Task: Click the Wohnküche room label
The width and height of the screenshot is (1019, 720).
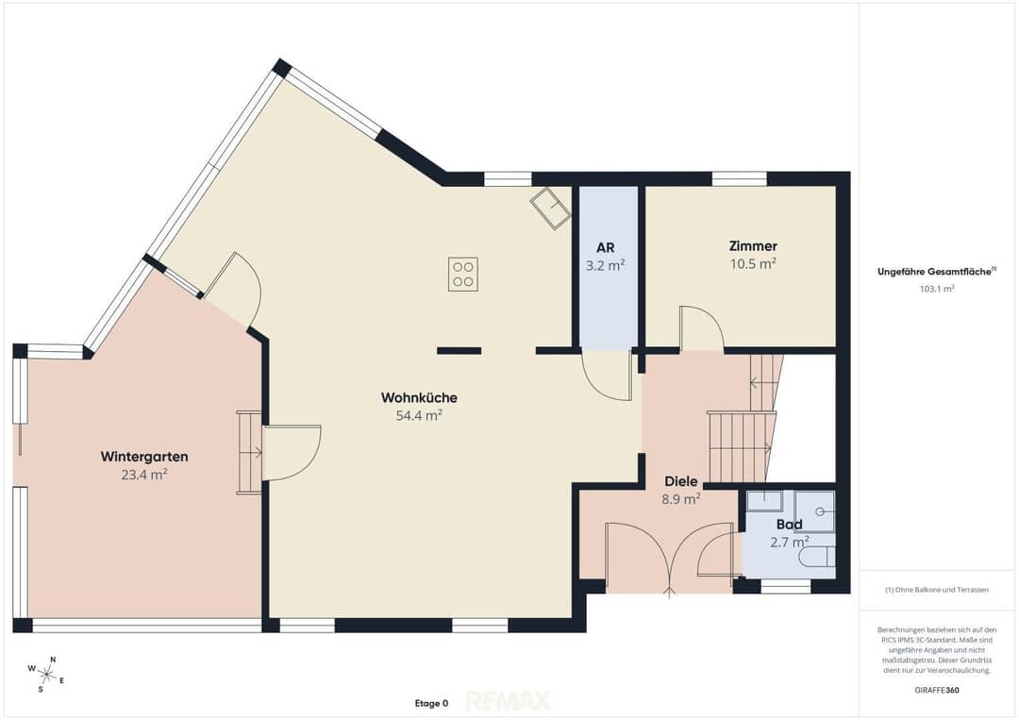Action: [x=419, y=397]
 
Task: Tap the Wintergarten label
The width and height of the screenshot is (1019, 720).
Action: [x=144, y=457]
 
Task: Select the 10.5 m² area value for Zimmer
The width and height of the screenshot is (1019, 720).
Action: [x=753, y=264]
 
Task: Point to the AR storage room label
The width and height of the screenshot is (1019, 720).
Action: [x=605, y=247]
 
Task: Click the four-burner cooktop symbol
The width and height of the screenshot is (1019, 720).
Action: [x=463, y=274]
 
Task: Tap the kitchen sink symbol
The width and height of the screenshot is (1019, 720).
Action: [x=550, y=208]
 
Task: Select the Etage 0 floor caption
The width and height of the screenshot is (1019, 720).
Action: [x=431, y=703]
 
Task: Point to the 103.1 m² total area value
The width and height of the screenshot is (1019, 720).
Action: [x=937, y=289]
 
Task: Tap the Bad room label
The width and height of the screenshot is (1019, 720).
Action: [x=789, y=525]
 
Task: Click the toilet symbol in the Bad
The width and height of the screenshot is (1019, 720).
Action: [x=817, y=558]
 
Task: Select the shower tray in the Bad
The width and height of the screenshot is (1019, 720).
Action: [x=815, y=511]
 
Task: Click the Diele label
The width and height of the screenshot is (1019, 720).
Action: [x=680, y=481]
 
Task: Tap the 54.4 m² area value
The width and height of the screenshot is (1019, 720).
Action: [x=419, y=415]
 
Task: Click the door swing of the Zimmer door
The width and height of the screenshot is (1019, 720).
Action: [x=702, y=328]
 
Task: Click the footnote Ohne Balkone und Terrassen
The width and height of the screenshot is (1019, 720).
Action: [x=937, y=590]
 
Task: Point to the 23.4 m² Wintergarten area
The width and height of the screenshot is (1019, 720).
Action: [x=144, y=475]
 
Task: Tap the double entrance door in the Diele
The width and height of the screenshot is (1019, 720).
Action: [x=669, y=558]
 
